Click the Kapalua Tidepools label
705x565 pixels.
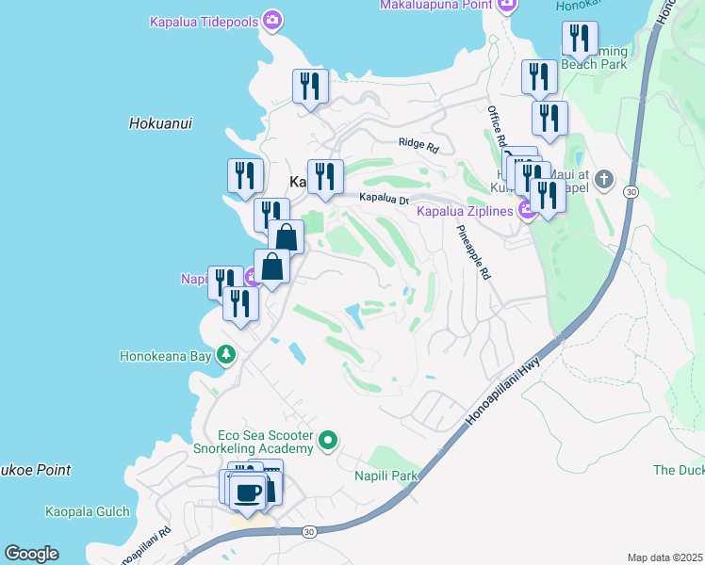[205, 20]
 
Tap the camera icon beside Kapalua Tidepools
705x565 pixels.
[273, 20]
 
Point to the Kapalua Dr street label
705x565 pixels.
[384, 199]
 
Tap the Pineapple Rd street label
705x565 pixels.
[474, 252]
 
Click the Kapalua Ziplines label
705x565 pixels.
[466, 210]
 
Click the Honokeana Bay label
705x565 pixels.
[166, 356]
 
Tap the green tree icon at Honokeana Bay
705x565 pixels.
[225, 355]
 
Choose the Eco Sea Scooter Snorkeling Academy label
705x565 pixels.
[265, 442]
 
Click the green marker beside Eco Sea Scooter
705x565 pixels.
[328, 440]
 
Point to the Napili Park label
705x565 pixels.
[385, 476]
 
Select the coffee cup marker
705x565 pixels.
[248, 492]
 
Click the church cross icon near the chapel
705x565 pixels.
[604, 178]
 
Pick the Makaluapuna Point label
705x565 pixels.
[437, 5]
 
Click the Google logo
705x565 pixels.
[31, 554]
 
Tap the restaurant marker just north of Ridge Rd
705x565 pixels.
[310, 89]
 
